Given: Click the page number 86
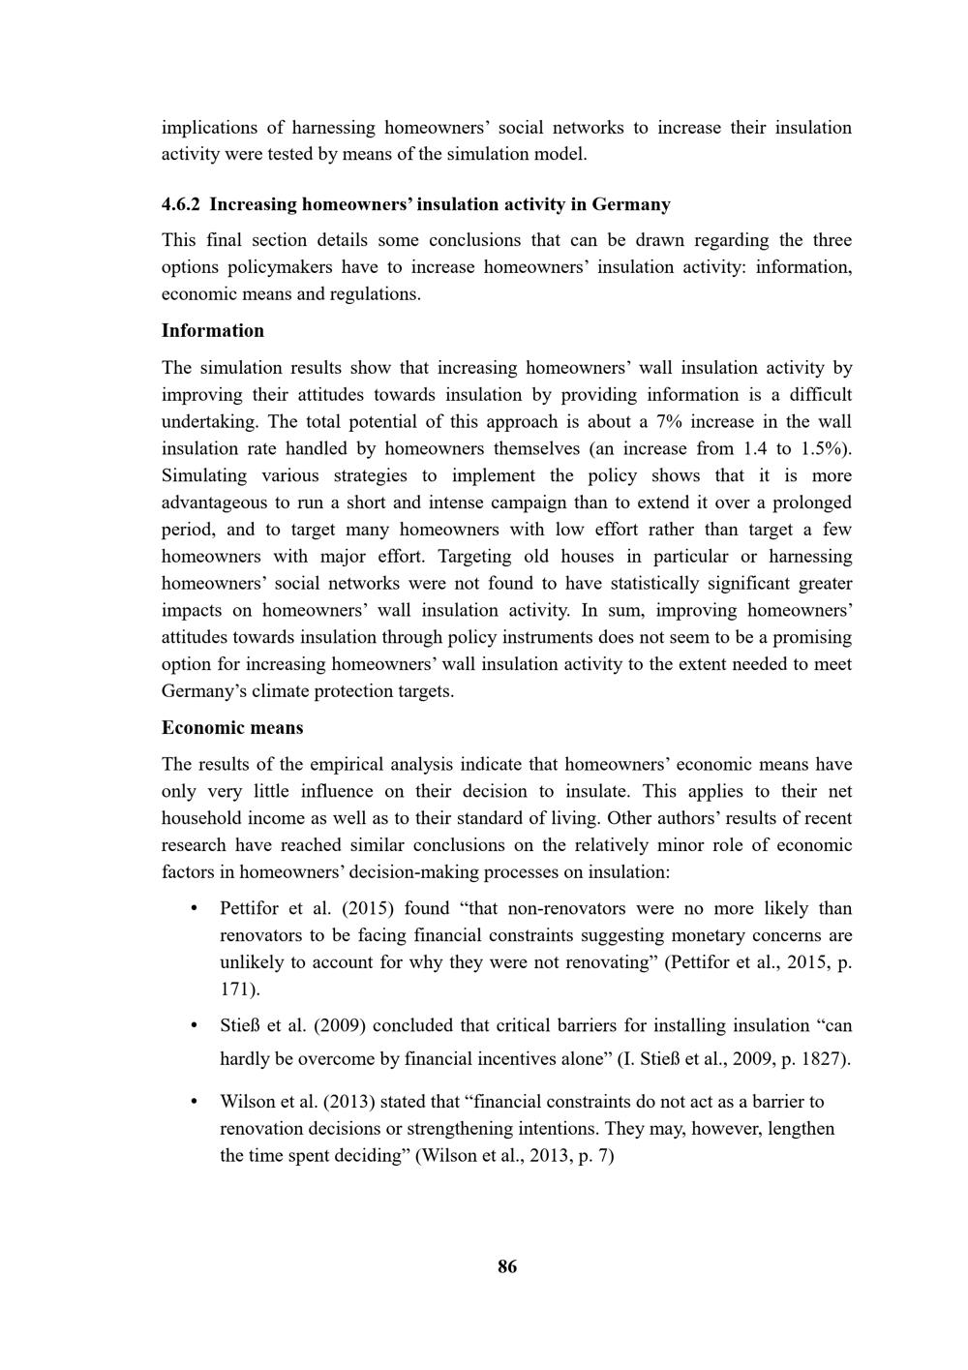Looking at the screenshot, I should pos(507,1266).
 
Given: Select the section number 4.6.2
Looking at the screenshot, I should pos(181,204).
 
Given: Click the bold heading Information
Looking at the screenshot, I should pos(212,330).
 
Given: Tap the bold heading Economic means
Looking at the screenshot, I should pos(232,727).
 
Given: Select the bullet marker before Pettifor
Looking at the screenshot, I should pos(195,908).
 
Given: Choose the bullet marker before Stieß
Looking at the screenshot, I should pos(195,1025).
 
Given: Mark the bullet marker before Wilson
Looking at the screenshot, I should pos(195,1101).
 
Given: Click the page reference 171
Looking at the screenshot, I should pos(237,989).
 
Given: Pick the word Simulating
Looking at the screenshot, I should pos(205,475).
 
